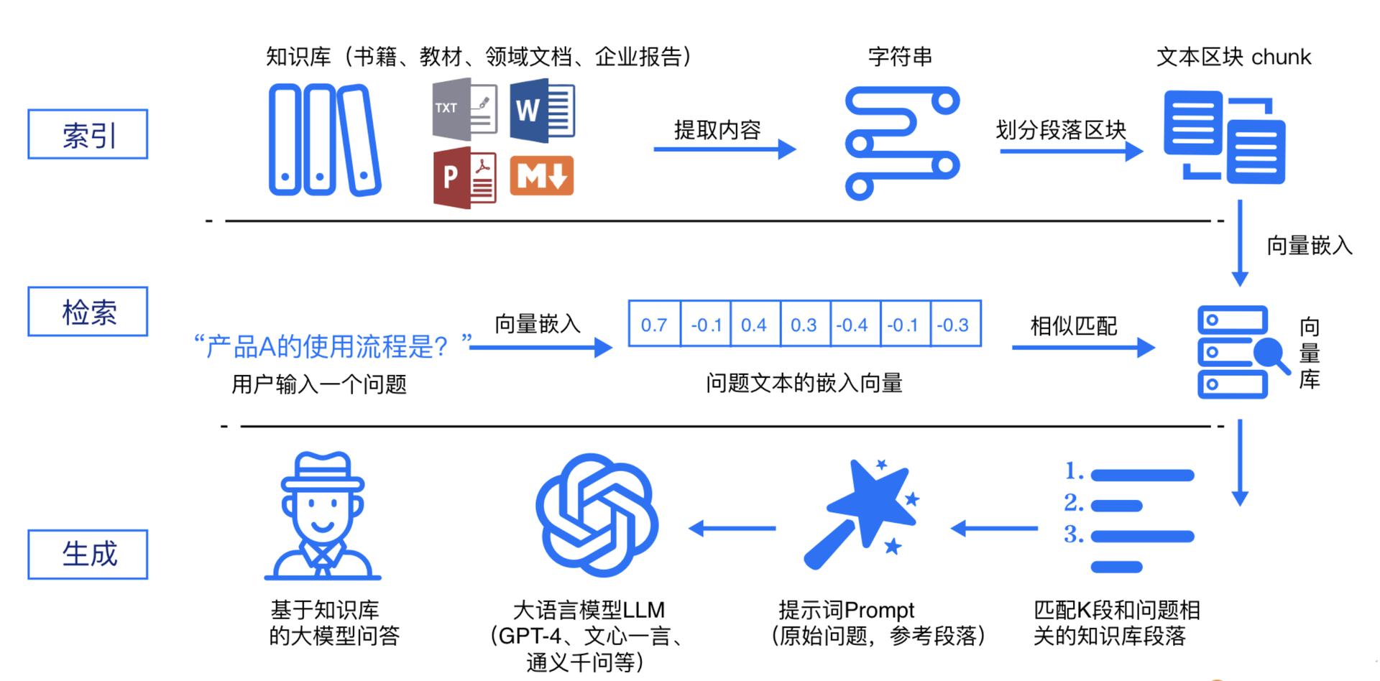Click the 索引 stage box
88,134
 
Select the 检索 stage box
88,312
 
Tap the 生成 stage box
88,554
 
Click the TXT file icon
465,109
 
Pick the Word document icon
542,111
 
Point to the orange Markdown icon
542,176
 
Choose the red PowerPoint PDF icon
465,177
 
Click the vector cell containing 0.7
655,324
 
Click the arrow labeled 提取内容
724,149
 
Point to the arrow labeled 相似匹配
1083,348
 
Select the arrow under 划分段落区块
1071,151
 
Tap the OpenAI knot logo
597,514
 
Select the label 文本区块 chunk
1233,57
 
